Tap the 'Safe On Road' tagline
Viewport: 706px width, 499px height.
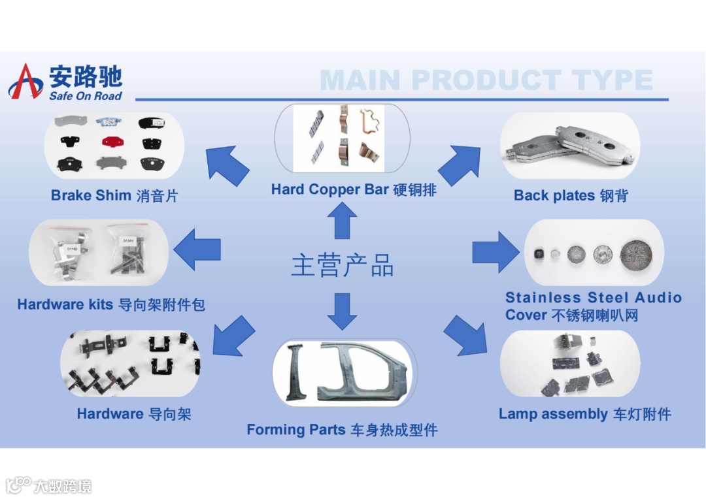[x=86, y=96]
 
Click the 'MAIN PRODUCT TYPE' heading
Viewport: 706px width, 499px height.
[x=486, y=80]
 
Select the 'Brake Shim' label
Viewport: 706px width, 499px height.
[x=114, y=195]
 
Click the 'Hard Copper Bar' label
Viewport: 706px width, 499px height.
[x=354, y=190]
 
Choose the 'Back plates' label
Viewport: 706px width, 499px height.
[x=570, y=195]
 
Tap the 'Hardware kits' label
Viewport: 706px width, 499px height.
[x=111, y=304]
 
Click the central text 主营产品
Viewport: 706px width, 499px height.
[x=343, y=266]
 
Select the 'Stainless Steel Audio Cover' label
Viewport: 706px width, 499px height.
[x=593, y=306]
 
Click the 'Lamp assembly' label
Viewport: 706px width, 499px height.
[x=584, y=414]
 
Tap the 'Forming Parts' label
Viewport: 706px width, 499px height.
[x=342, y=430]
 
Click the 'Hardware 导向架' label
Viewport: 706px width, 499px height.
[x=134, y=414]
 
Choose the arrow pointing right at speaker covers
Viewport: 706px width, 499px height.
[x=495, y=251]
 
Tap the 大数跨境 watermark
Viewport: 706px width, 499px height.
[x=49, y=485]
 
